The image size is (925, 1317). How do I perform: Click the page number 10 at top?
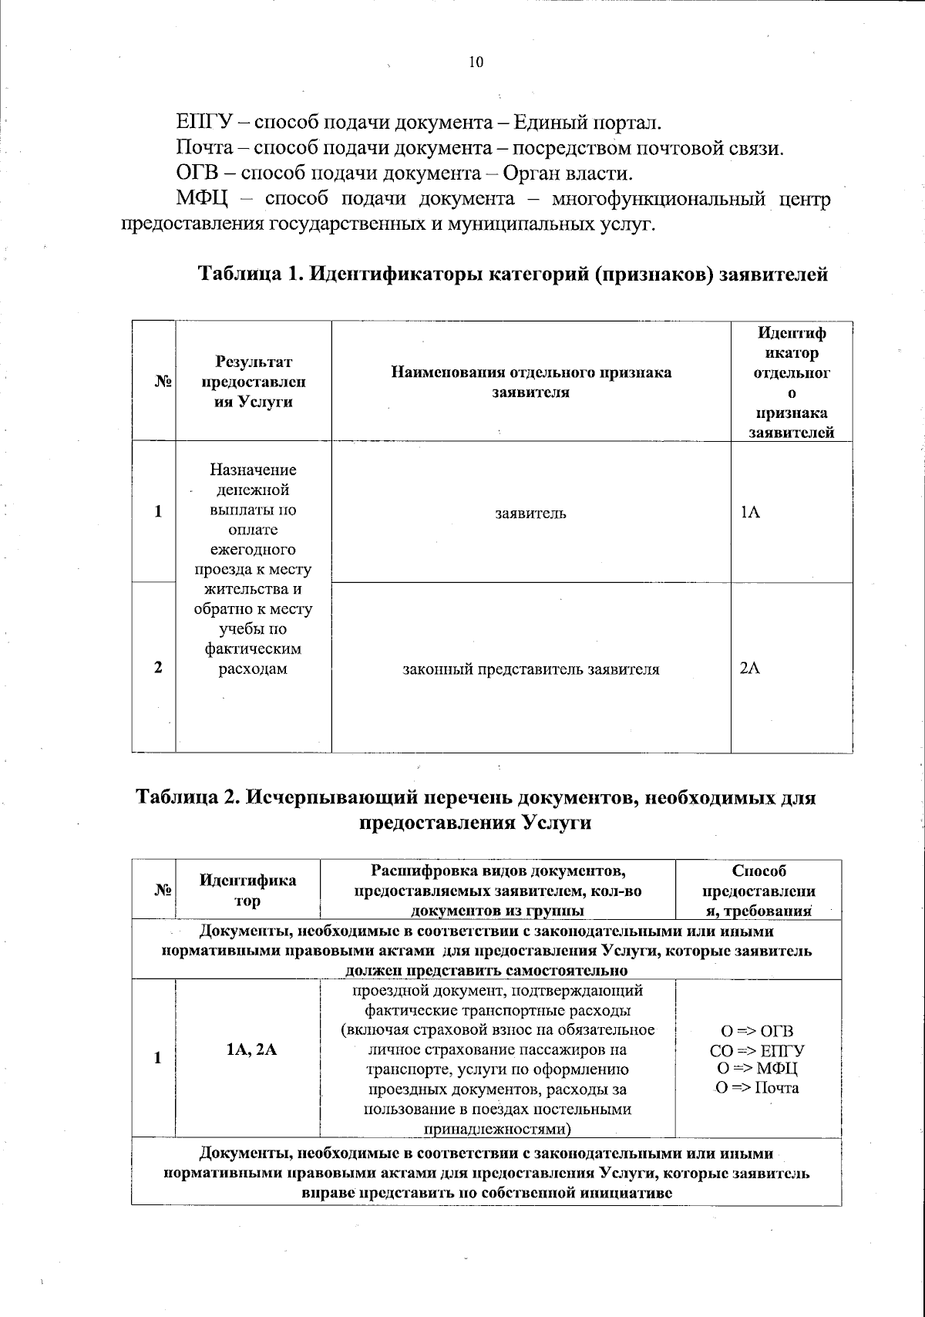pyautogui.click(x=476, y=62)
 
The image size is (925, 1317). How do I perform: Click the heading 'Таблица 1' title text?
pyautogui.click(x=513, y=274)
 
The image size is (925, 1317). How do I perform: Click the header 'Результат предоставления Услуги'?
pyautogui.click(x=253, y=382)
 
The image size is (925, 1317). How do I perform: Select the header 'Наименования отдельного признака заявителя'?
pyautogui.click(x=530, y=382)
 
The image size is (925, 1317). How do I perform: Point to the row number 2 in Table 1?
pyautogui.click(x=158, y=668)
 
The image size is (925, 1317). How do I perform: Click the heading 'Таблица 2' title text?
pyautogui.click(x=476, y=810)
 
